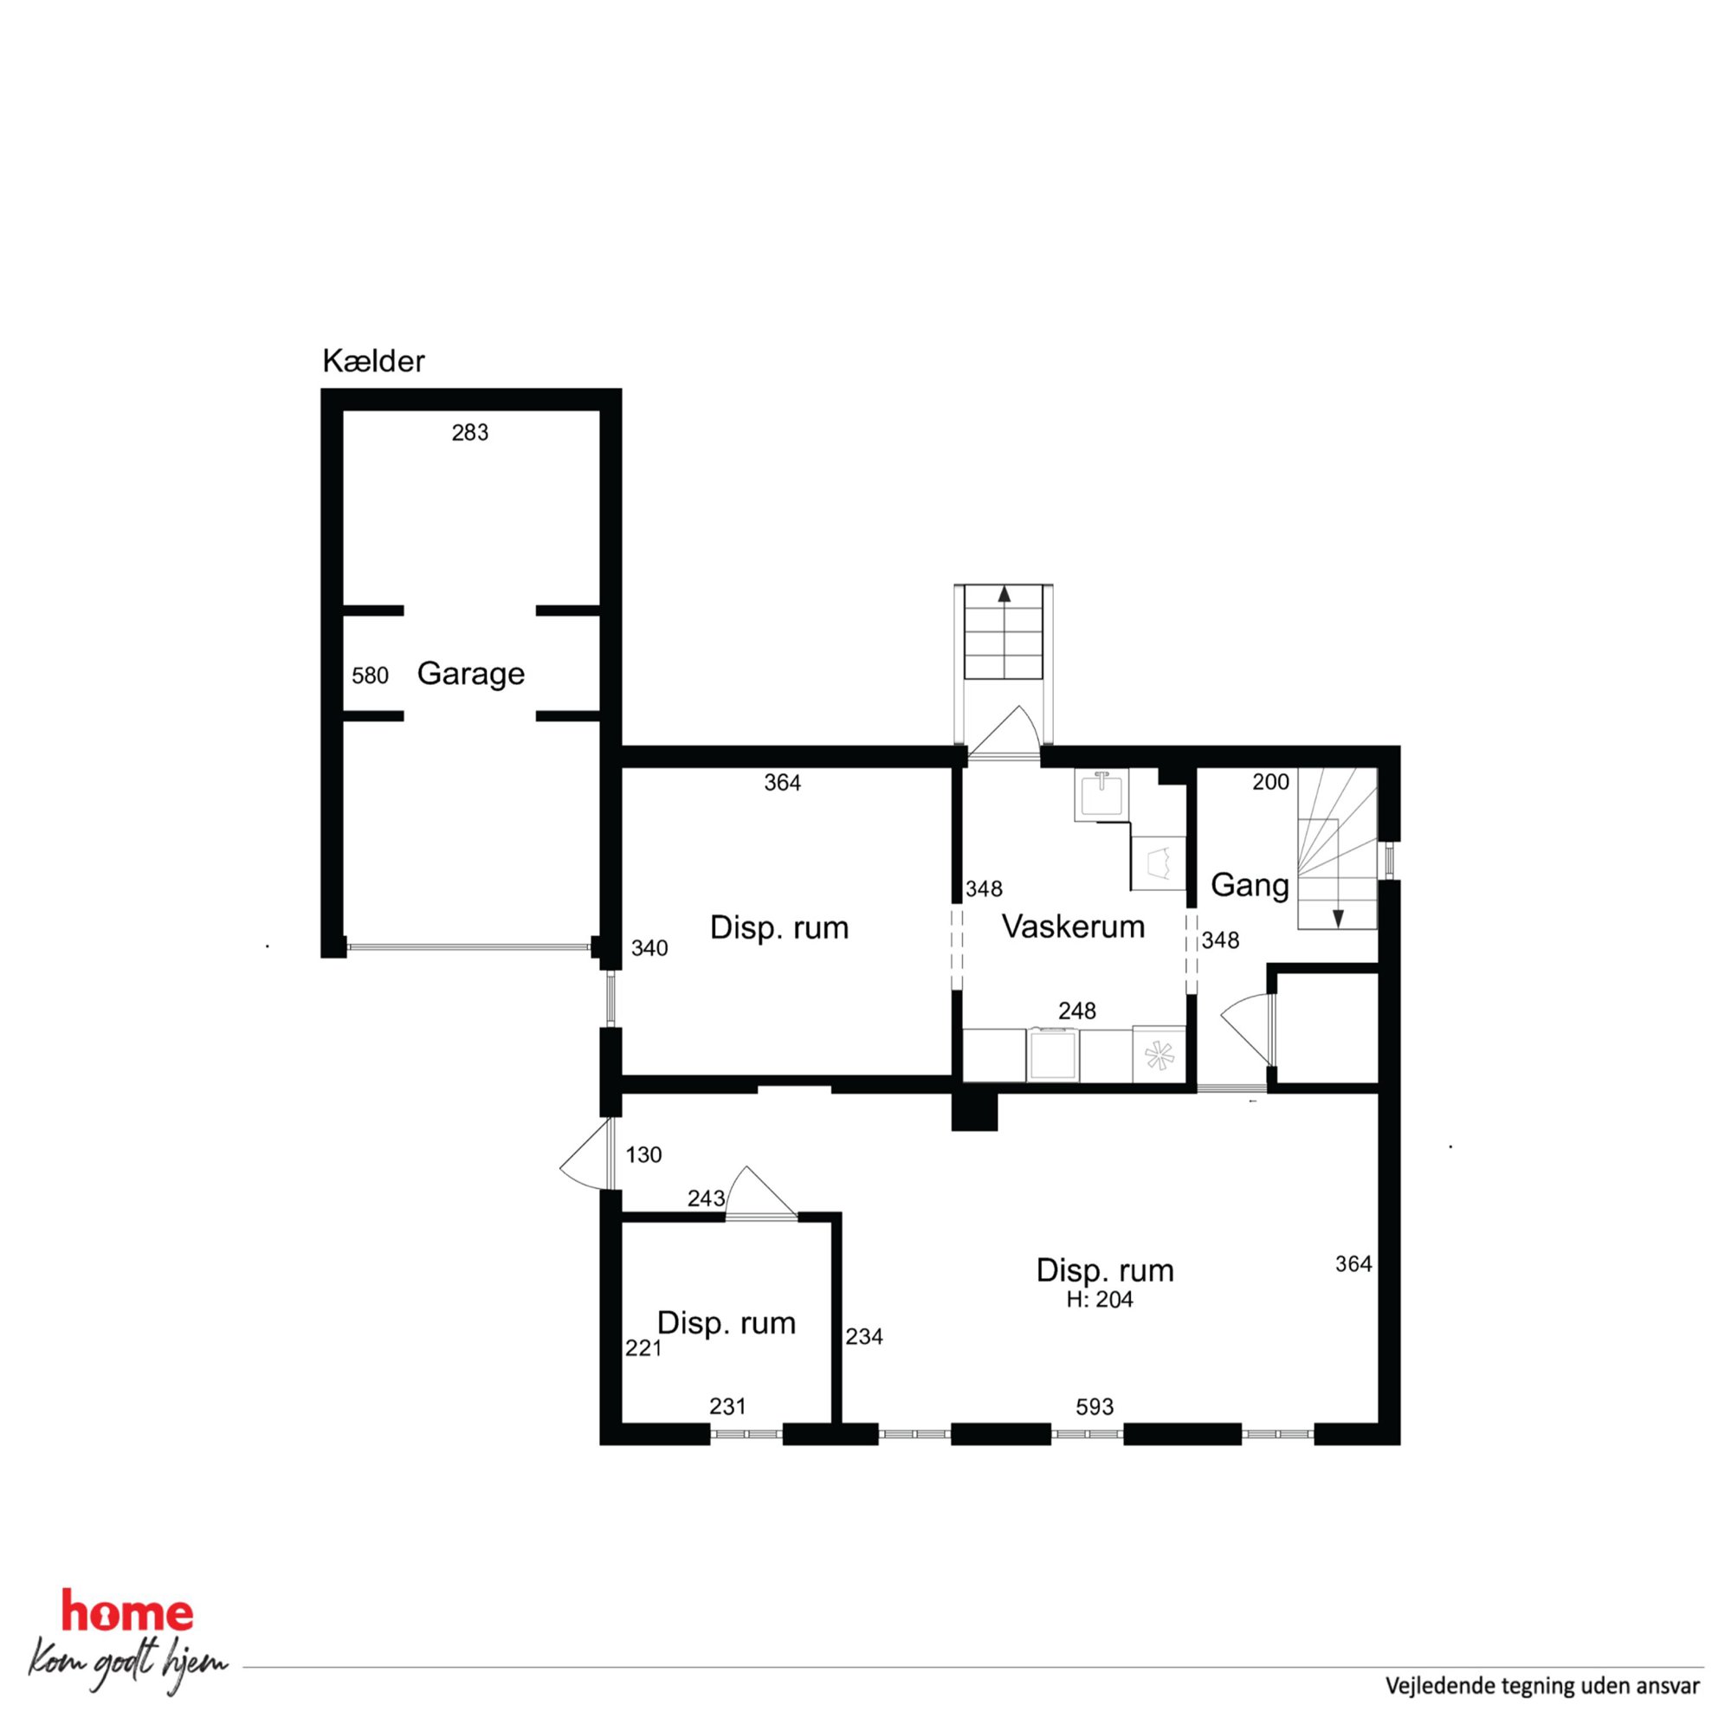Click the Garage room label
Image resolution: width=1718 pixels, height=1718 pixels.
point(470,673)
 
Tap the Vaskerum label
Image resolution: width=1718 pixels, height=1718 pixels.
point(1073,927)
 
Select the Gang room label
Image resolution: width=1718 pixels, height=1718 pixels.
point(1250,885)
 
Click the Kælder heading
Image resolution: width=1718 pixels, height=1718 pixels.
point(373,361)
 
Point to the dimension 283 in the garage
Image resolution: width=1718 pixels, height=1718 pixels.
point(469,433)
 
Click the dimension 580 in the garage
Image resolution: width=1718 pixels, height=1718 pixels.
point(370,675)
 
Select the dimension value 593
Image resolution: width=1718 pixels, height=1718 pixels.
point(1095,1407)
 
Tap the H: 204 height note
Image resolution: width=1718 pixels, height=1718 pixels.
point(1100,1300)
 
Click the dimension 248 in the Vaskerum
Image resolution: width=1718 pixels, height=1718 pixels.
point(1077,1011)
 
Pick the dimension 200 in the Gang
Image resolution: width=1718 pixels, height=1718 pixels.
point(1270,782)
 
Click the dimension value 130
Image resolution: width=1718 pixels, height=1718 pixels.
point(643,1155)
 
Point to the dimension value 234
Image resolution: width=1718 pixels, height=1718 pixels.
point(864,1336)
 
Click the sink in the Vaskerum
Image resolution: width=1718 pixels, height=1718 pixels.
point(1101,795)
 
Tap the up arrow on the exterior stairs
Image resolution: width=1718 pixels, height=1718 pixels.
point(1004,595)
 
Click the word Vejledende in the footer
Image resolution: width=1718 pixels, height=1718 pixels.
point(1431,1686)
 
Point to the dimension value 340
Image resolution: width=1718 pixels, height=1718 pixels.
point(649,949)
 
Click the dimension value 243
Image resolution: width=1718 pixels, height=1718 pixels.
point(706,1198)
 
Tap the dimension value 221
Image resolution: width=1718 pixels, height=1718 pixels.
point(643,1349)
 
